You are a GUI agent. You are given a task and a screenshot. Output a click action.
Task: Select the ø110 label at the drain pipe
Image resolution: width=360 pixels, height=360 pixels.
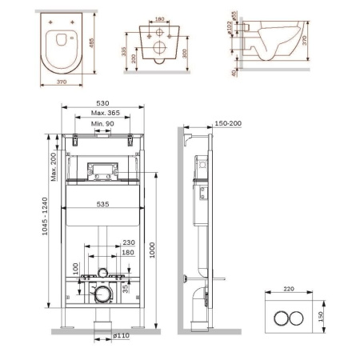click(x=121, y=335)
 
